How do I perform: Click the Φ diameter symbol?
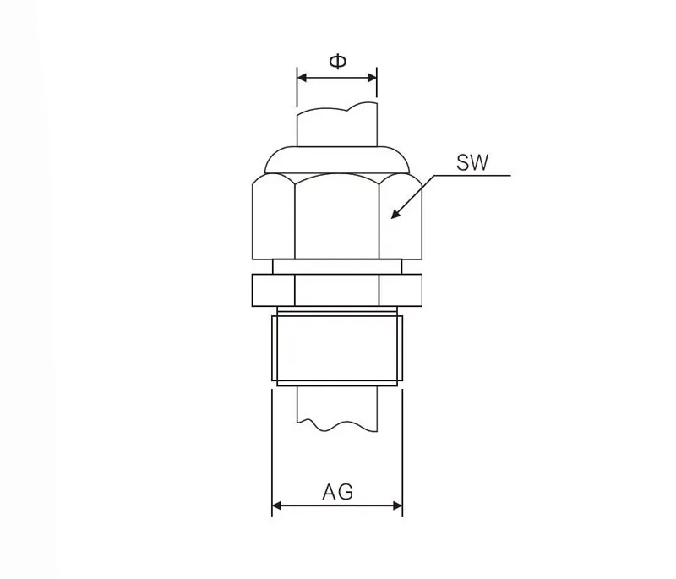[337, 62]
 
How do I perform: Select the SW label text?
[472, 162]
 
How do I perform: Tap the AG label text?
[337, 491]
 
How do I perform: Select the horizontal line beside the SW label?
[473, 176]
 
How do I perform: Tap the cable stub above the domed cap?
[336, 127]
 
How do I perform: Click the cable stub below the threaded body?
[336, 406]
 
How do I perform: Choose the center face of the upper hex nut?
[337, 216]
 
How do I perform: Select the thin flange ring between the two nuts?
[337, 265]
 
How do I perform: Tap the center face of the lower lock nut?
[337, 290]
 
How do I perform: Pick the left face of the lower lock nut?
[273, 290]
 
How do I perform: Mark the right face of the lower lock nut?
[401, 290]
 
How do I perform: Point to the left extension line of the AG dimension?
[271, 448]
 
